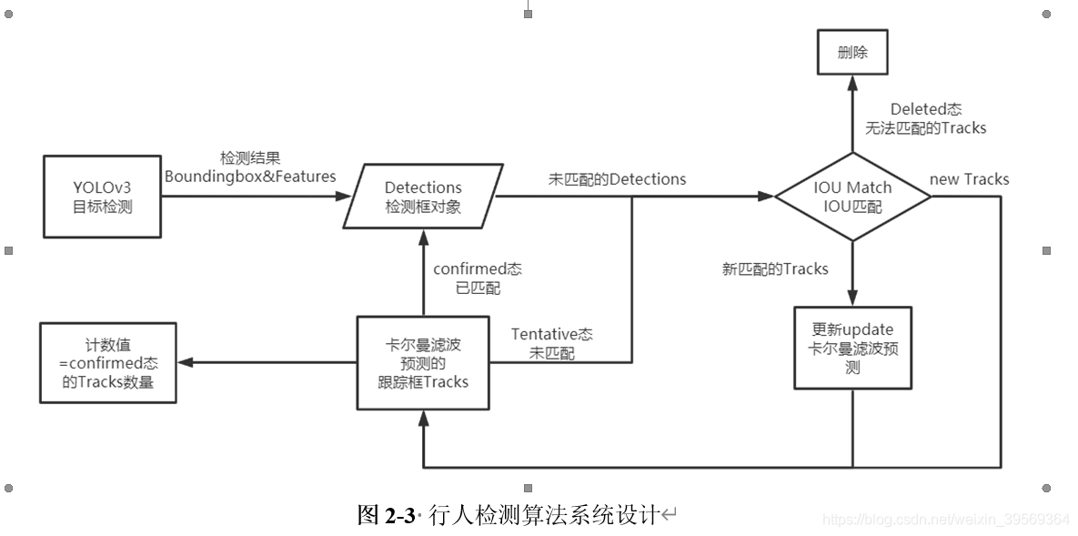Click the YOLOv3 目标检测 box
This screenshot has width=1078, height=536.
[102, 197]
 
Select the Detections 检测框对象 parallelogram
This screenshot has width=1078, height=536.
[423, 197]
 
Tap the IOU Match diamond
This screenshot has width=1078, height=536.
[852, 197]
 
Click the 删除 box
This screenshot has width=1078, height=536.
[852, 53]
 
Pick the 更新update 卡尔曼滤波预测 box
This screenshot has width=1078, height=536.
[852, 349]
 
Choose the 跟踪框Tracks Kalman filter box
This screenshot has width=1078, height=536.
[423, 362]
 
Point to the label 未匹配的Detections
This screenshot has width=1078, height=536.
[617, 179]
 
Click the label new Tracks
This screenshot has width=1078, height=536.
[969, 179]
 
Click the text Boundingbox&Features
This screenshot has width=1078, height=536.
[250, 176]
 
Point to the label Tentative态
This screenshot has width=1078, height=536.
[552, 335]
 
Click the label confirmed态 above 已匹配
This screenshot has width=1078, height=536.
[477, 270]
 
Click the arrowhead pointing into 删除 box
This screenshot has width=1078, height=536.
[852, 84]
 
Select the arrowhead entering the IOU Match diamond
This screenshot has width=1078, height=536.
[766, 197]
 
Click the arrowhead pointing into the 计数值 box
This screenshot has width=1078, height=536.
[185, 362]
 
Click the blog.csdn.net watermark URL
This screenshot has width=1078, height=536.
[945, 519]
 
